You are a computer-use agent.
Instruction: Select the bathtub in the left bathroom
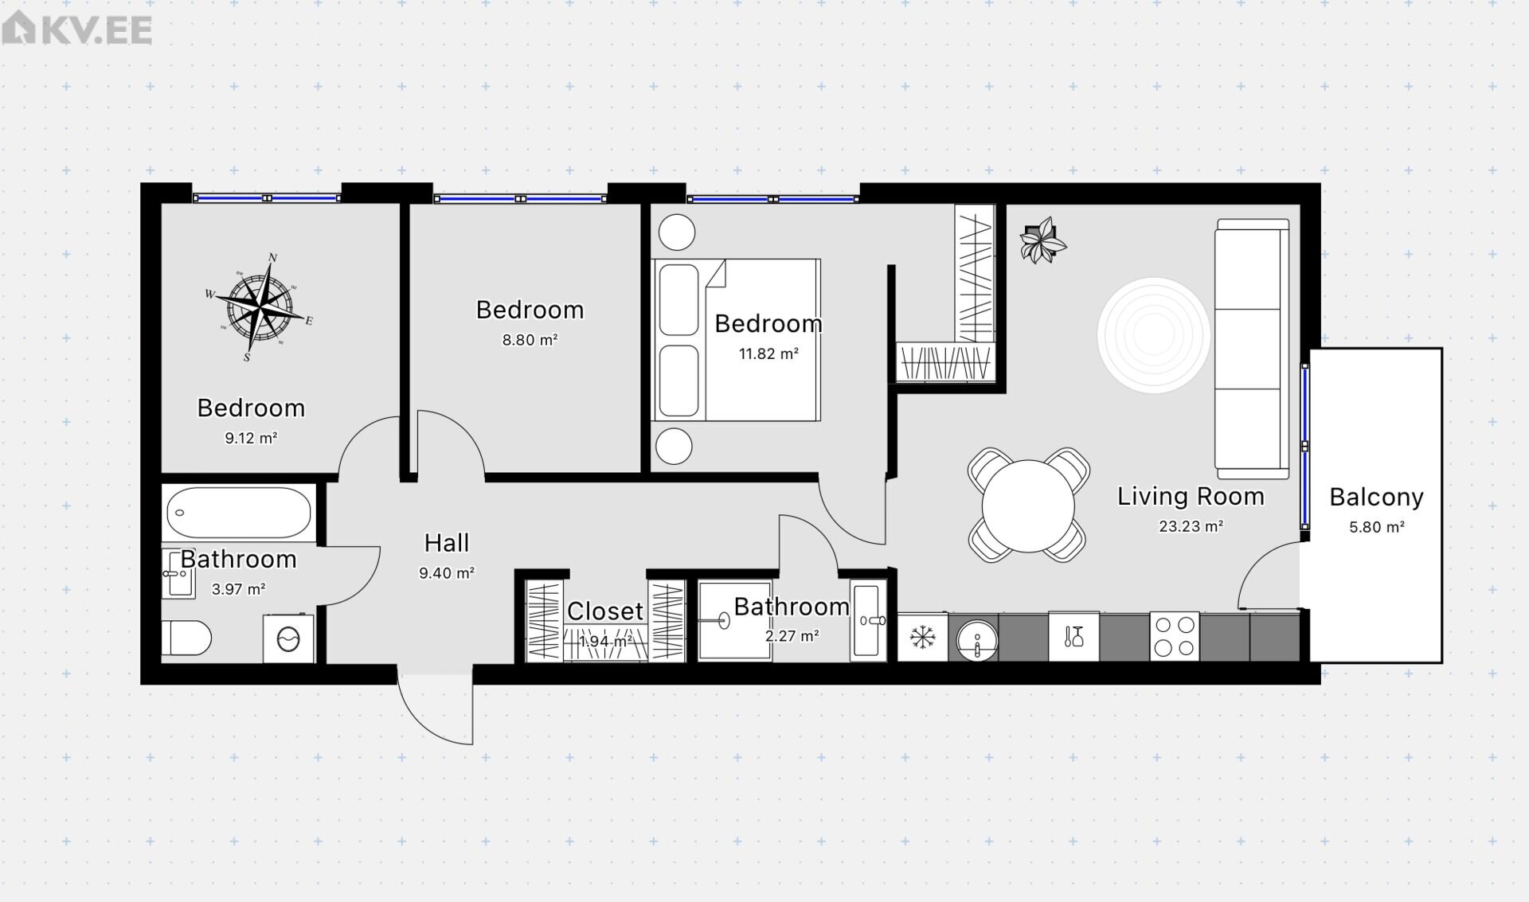click(239, 513)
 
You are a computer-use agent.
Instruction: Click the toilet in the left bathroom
click(186, 638)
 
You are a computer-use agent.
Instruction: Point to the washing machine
click(288, 638)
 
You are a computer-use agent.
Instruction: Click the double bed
click(736, 340)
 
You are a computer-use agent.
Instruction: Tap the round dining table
click(1028, 506)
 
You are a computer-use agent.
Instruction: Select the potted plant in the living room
click(1042, 240)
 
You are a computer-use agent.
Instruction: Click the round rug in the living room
click(1153, 334)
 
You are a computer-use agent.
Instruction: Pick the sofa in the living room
click(1252, 349)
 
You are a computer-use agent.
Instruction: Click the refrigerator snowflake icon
click(922, 637)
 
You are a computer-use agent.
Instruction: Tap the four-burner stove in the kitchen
click(1175, 636)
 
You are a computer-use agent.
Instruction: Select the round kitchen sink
click(977, 640)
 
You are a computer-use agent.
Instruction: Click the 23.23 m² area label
click(1191, 526)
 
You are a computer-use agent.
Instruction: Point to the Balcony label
click(1376, 497)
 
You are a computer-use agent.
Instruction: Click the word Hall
click(447, 543)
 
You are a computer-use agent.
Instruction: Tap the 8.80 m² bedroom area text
click(530, 340)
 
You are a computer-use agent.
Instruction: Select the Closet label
click(605, 611)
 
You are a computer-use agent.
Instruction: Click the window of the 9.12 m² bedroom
click(267, 198)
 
